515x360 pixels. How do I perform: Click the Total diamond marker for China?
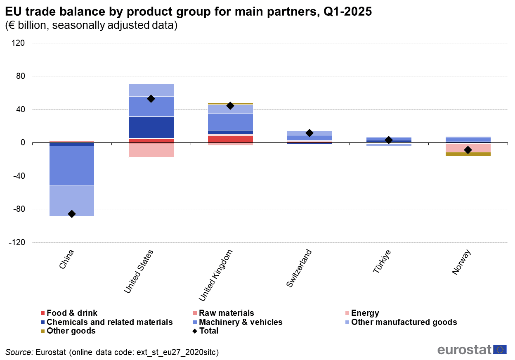(x=72, y=214)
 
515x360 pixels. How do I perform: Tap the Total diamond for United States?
(x=151, y=99)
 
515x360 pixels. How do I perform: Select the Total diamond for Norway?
(x=468, y=150)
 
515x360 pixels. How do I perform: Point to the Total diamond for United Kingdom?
(x=230, y=106)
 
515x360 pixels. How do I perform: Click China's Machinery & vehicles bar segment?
(x=72, y=165)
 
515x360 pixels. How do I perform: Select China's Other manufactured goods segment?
(x=72, y=200)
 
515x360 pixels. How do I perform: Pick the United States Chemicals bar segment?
(x=151, y=127)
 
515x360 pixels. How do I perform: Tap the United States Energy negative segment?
(x=151, y=150)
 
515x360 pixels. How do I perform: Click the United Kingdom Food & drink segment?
(x=230, y=139)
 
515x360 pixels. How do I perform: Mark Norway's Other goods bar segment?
(x=468, y=154)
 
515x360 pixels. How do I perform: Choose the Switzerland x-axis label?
(x=299, y=268)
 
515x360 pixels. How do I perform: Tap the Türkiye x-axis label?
(x=382, y=261)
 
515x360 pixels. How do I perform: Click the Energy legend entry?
(x=364, y=313)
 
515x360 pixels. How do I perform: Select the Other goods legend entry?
(x=71, y=331)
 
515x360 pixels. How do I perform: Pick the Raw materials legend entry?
(x=226, y=313)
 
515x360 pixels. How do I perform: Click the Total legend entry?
(x=208, y=331)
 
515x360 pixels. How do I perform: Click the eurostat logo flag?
(x=500, y=350)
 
